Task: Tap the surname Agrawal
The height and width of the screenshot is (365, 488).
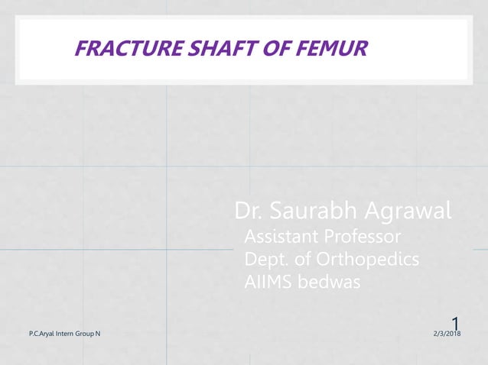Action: point(406,210)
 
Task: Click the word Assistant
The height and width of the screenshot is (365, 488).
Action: point(279,234)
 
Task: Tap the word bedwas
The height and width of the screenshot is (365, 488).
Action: point(327,283)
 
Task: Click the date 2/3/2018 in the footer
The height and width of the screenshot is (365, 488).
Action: point(451,334)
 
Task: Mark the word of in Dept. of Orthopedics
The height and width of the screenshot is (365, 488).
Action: point(305,260)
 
